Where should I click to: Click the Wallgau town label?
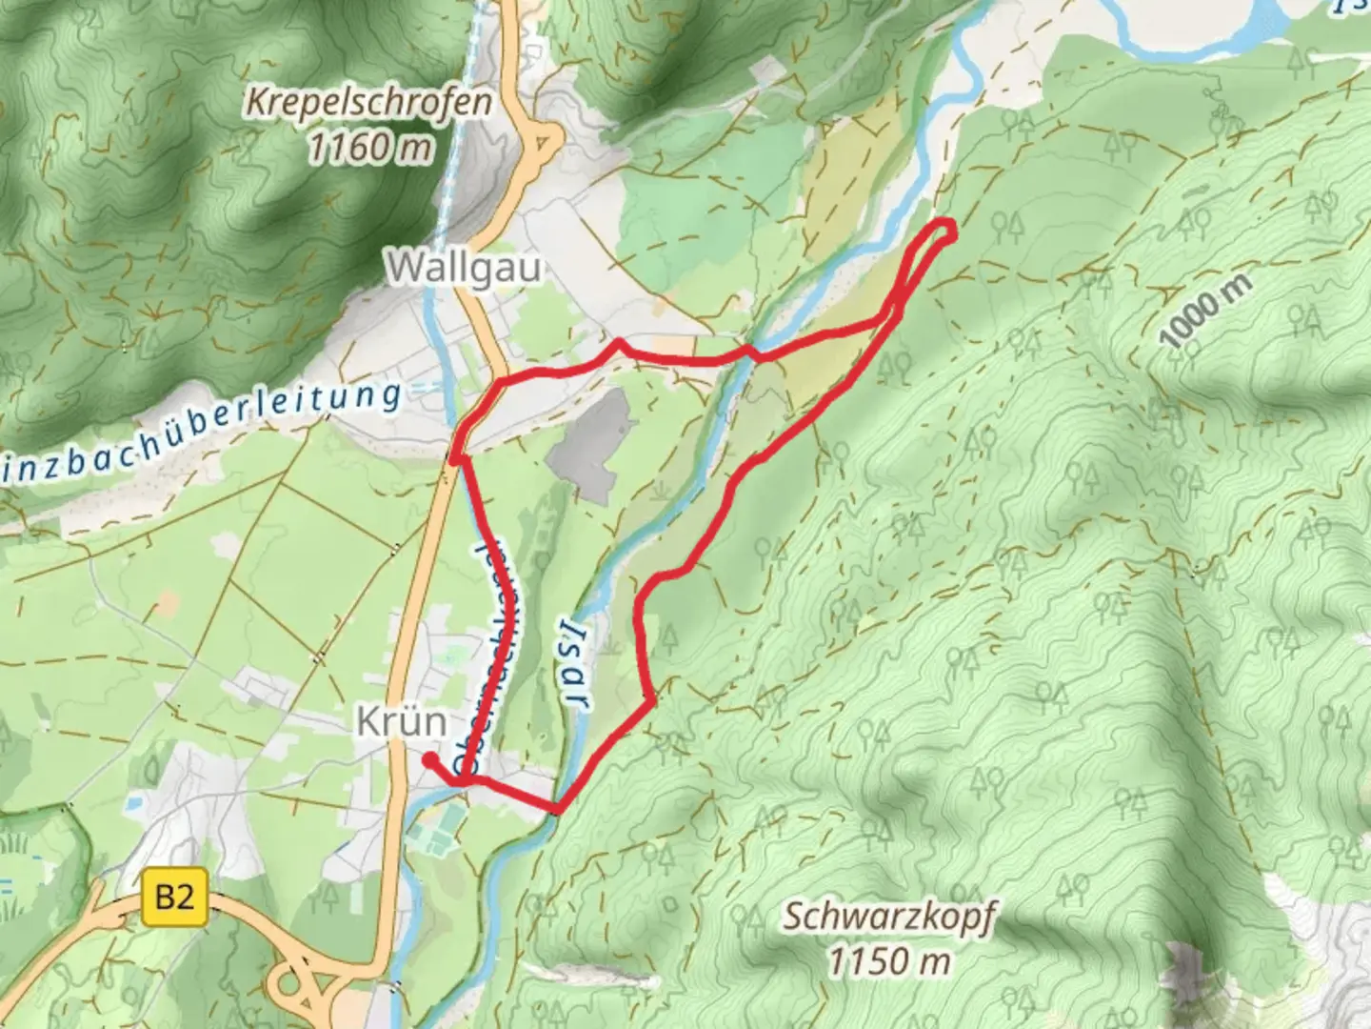pyautogui.click(x=465, y=268)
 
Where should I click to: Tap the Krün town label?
pyautogui.click(x=402, y=721)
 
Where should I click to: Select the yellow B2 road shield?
pyautogui.click(x=175, y=898)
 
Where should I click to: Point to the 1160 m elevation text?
pyautogui.click(x=370, y=147)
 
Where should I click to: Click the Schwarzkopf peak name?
pyautogui.click(x=889, y=917)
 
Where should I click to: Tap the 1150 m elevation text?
pyautogui.click(x=889, y=960)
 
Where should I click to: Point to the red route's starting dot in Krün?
pyautogui.click(x=430, y=759)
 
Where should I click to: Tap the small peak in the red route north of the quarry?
pyautogui.click(x=618, y=341)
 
